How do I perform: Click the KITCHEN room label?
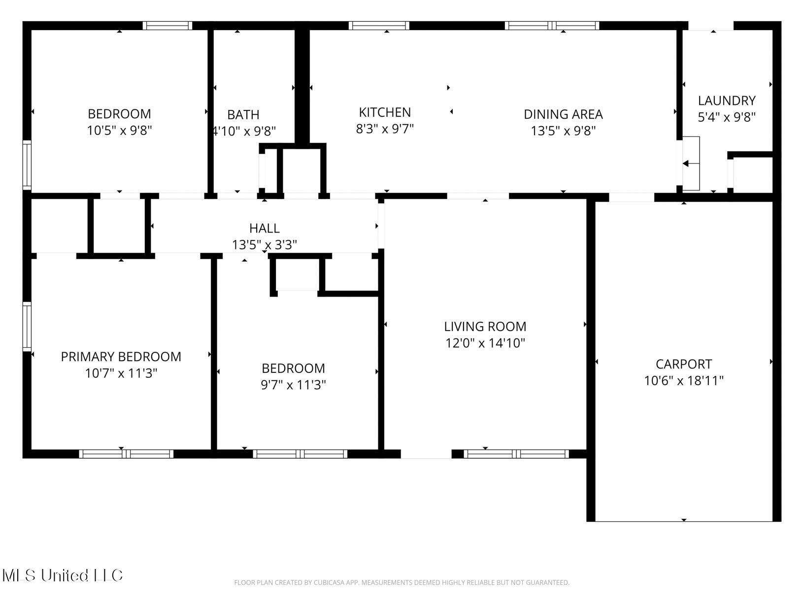(x=384, y=112)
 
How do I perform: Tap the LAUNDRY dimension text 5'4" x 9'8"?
(x=726, y=117)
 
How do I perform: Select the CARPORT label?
(x=683, y=364)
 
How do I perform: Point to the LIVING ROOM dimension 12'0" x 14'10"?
(x=485, y=343)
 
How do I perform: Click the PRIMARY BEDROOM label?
(x=121, y=357)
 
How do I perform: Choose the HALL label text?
(x=264, y=228)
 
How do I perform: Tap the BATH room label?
(x=243, y=115)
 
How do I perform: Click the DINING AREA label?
(x=563, y=114)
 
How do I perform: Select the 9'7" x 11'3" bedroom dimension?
(x=293, y=385)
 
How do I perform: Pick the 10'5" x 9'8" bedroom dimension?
(x=119, y=131)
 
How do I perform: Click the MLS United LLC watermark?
(x=62, y=575)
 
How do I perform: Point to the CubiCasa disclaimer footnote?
(x=402, y=582)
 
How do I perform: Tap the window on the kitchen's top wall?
(x=379, y=26)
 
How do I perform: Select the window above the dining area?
(x=552, y=26)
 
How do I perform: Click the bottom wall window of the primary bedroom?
(x=126, y=454)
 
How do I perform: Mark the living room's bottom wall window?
(x=516, y=454)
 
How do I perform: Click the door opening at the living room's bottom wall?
(x=426, y=454)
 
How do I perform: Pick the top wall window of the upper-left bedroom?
(x=167, y=26)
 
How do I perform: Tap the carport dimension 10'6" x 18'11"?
(x=683, y=381)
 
